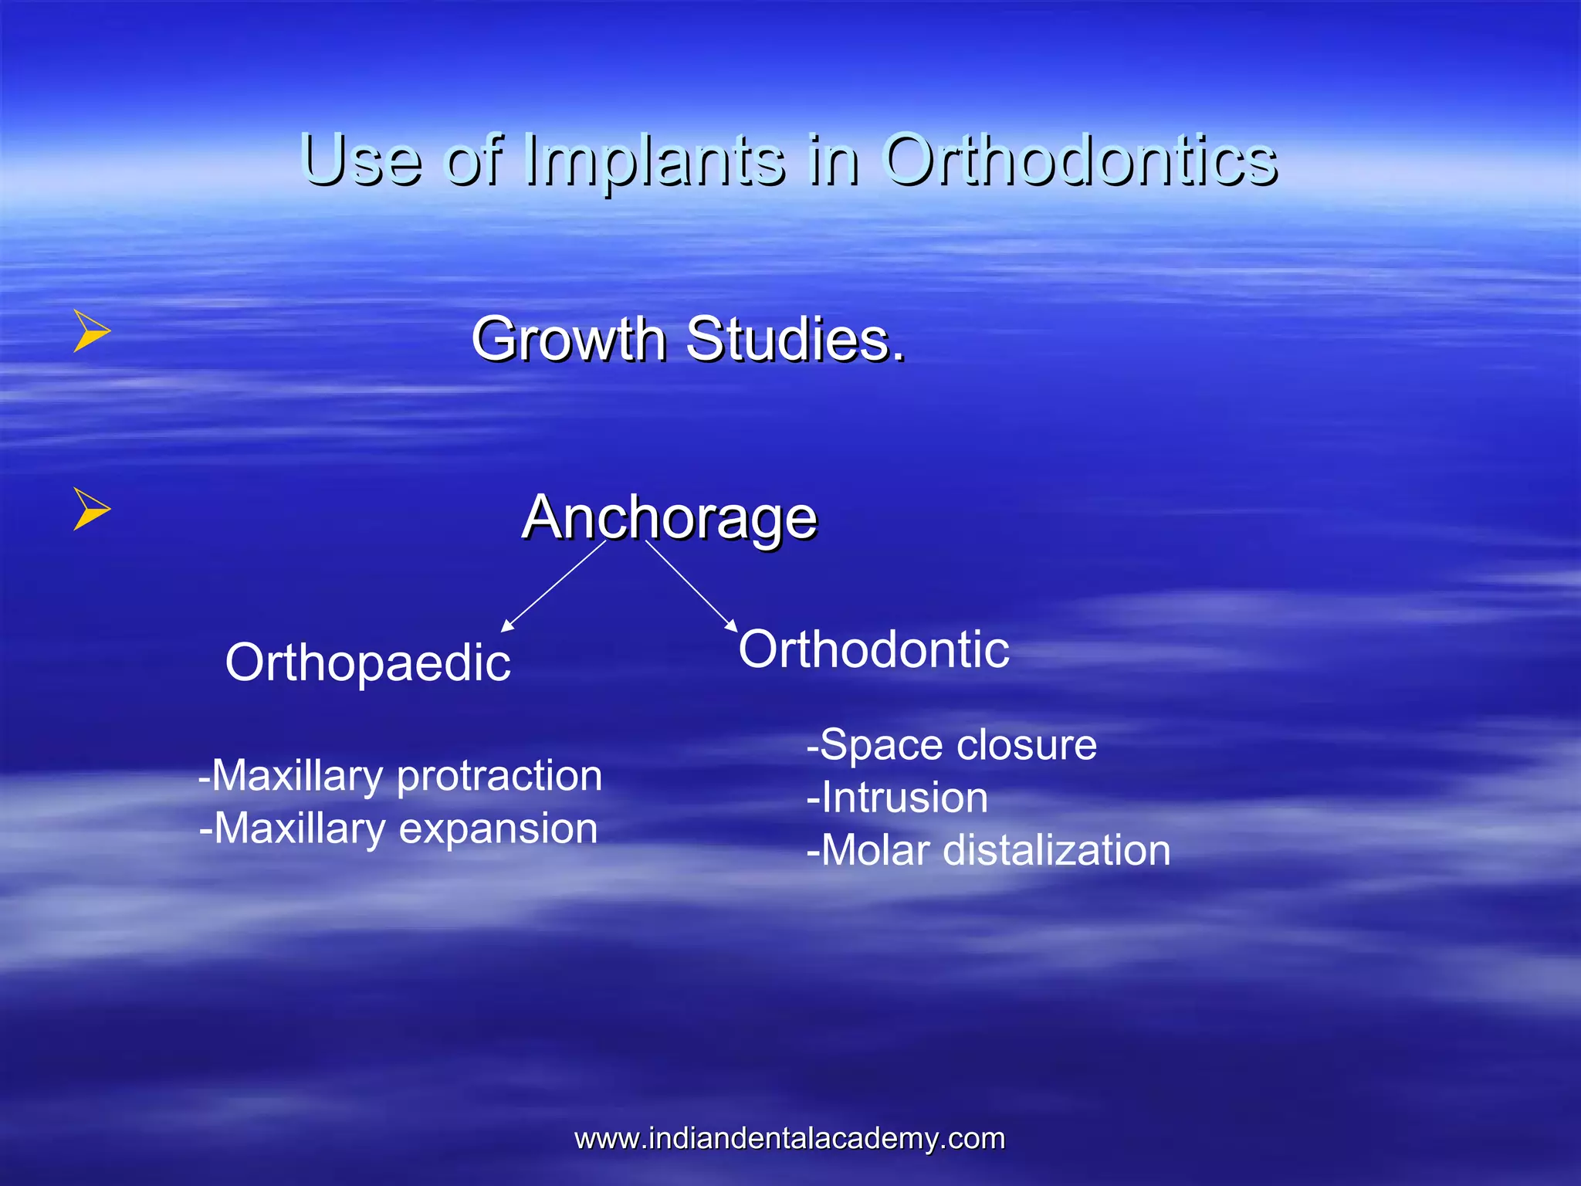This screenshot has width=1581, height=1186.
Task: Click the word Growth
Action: pyautogui.click(x=569, y=340)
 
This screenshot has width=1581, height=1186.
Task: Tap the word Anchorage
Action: pyautogui.click(x=669, y=517)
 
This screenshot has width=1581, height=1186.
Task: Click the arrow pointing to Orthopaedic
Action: pyautogui.click(x=553, y=587)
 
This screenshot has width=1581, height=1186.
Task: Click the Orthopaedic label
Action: pyautogui.click(x=368, y=662)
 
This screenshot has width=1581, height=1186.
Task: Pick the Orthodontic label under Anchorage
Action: pyautogui.click(x=874, y=649)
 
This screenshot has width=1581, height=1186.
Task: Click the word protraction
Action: pyautogui.click(x=499, y=775)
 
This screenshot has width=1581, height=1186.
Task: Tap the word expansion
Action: pyautogui.click(x=498, y=829)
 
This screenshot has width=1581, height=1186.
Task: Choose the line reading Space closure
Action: pyautogui.click(x=951, y=745)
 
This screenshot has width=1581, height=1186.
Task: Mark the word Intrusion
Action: pyautogui.click(x=904, y=798)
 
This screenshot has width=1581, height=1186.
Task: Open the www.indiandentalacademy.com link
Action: pyautogui.click(x=790, y=1138)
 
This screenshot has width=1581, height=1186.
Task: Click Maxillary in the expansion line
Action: pyautogui.click(x=300, y=829)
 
